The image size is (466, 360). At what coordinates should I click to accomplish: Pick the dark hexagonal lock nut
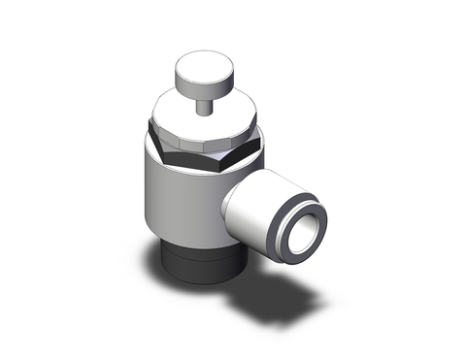pos(194,155)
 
